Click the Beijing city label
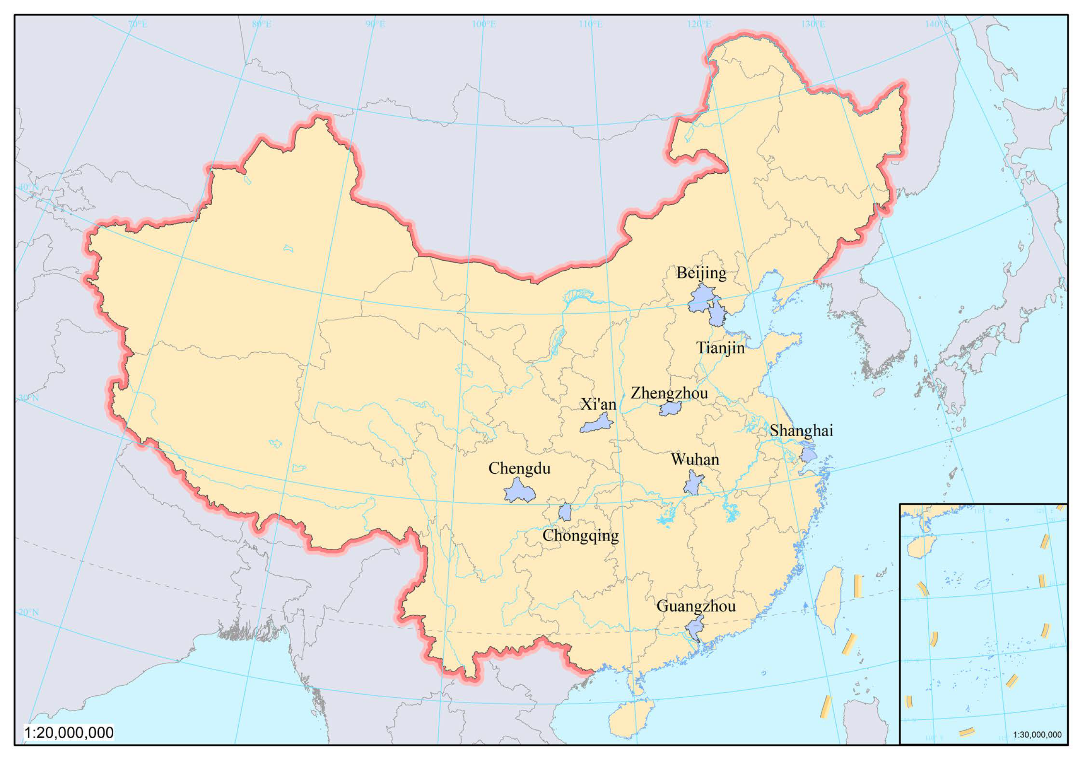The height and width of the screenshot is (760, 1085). point(701,273)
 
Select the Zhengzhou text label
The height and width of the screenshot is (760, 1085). point(669,393)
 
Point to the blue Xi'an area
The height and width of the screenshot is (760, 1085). point(597,424)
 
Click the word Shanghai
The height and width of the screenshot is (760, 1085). point(801,431)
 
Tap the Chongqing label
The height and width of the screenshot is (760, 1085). point(580,536)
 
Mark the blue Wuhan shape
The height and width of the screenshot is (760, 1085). point(693,484)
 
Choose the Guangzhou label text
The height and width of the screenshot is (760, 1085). point(696,606)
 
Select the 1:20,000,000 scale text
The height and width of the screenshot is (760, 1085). point(69,733)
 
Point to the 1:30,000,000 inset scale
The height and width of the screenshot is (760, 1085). point(1037,734)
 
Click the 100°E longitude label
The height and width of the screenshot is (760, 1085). point(483,24)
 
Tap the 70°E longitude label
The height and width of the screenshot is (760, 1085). point(137,24)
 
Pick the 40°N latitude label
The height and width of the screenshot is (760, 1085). point(29,187)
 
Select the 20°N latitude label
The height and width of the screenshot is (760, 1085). point(29,612)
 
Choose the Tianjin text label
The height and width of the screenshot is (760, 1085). point(720,348)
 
